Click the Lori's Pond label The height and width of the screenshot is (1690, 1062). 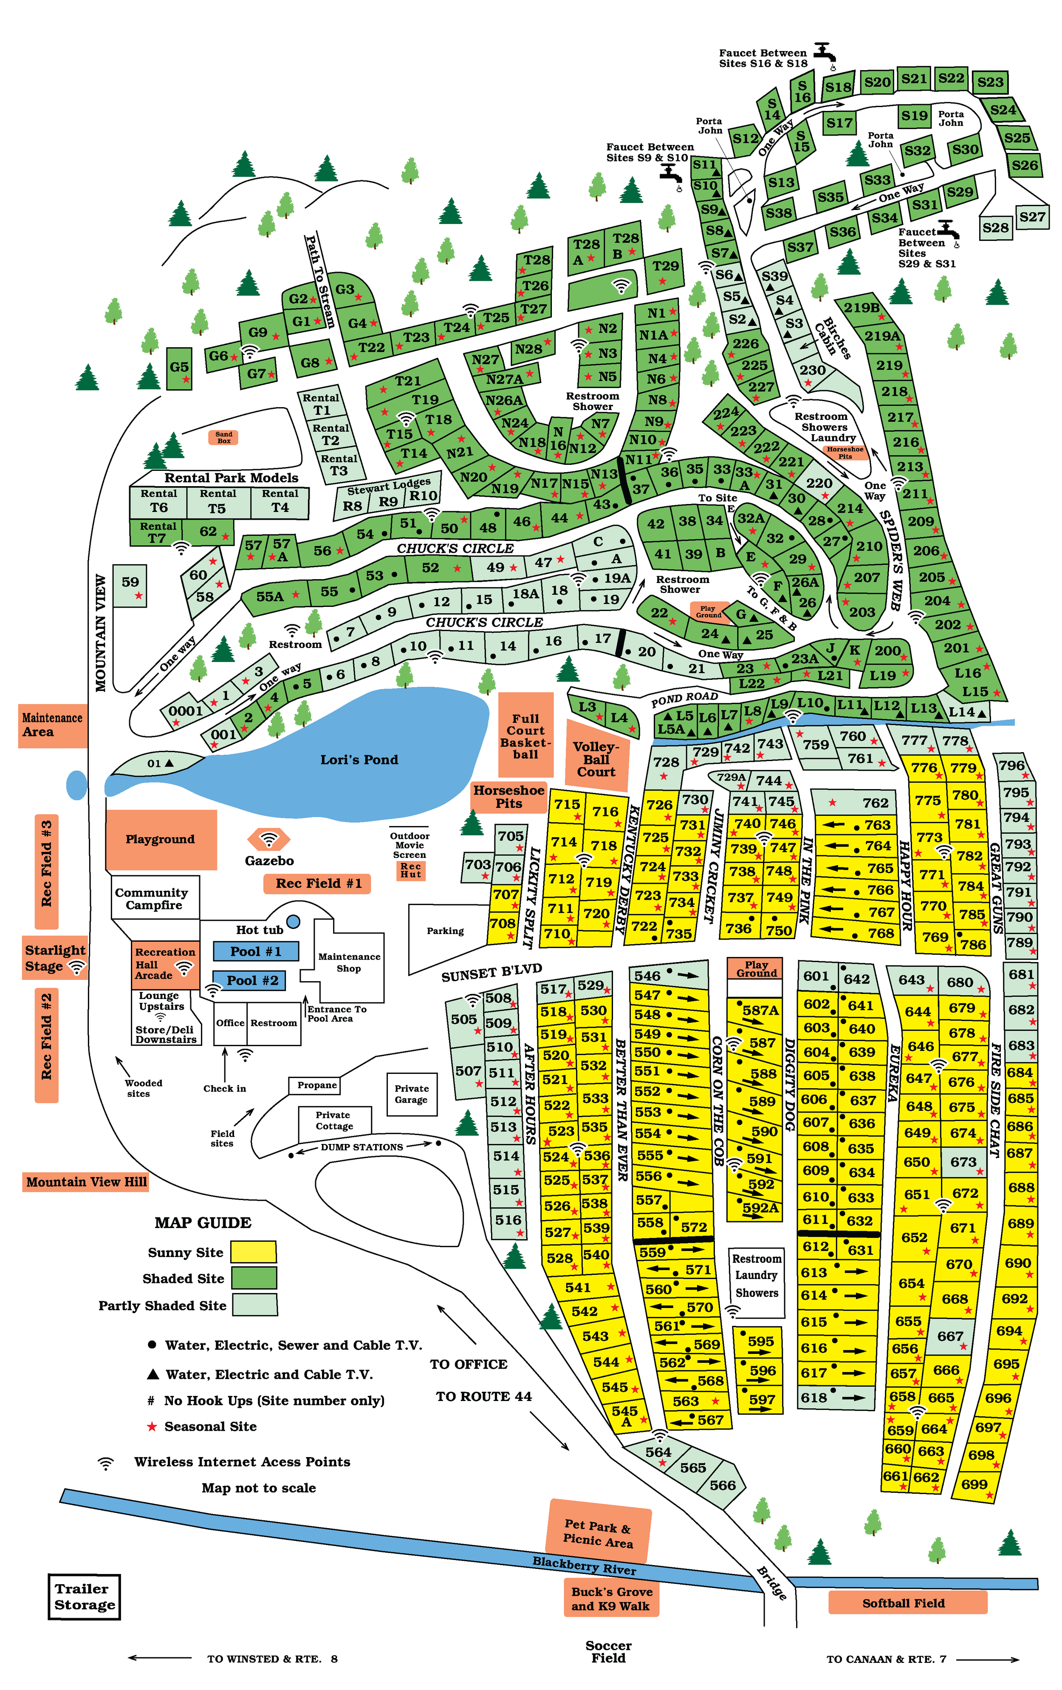(359, 759)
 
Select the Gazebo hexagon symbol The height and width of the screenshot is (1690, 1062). (268, 839)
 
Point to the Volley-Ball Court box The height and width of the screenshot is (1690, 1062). (596, 759)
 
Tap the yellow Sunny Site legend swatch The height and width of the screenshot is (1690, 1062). (254, 1252)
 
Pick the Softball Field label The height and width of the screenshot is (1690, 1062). (904, 1603)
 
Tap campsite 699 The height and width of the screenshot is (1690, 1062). (975, 1485)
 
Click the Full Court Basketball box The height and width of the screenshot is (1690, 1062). (525, 736)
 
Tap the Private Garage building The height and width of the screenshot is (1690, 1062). (411, 1093)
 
